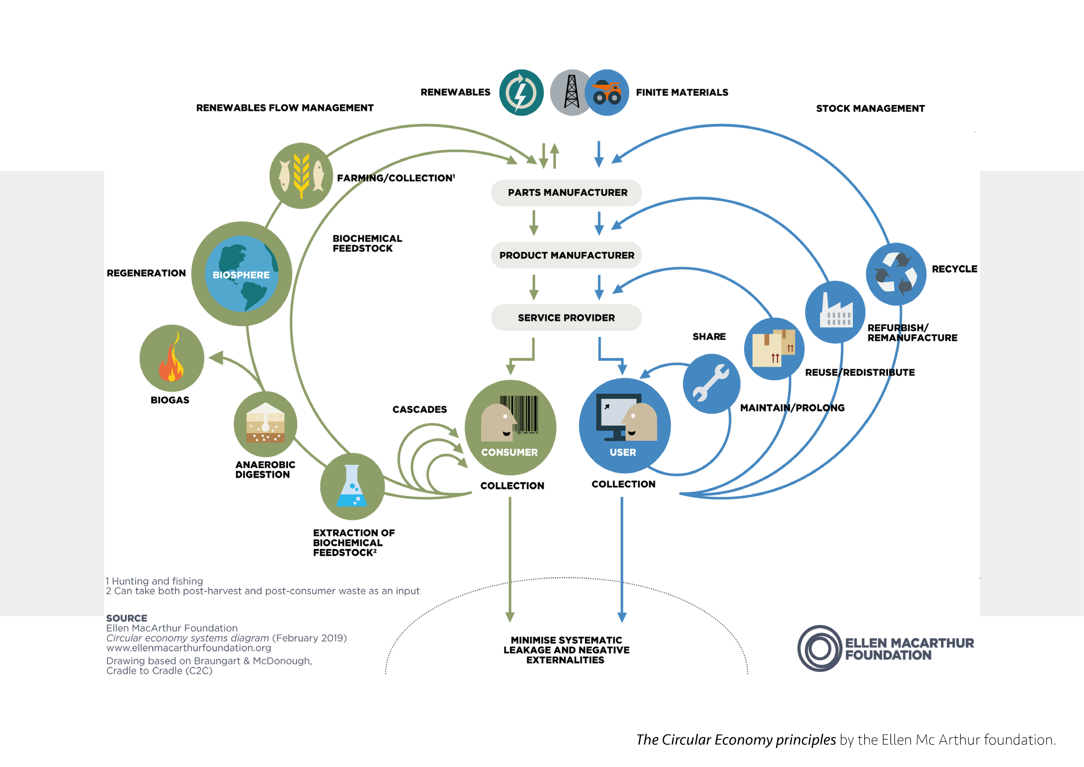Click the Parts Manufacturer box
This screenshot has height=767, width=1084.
pos(566,193)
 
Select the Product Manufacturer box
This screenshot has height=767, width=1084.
pos(566,255)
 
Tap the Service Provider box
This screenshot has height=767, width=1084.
pos(566,318)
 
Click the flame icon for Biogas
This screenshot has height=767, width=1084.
pos(172,357)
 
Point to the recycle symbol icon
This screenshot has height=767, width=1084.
pos(896,273)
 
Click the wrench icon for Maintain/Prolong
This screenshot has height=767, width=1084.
pos(711,383)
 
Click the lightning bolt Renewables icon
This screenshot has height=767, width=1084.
pos(521,92)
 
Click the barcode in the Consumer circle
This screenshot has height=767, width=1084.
pos(519,414)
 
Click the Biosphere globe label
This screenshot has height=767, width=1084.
pos(241,275)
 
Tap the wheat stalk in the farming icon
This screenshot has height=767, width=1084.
pos(301,175)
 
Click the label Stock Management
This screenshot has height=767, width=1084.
pos(870,108)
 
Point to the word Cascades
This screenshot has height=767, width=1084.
pos(419,410)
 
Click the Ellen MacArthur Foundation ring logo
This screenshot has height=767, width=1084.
pos(820,649)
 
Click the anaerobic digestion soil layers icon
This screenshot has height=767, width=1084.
pos(265,423)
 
